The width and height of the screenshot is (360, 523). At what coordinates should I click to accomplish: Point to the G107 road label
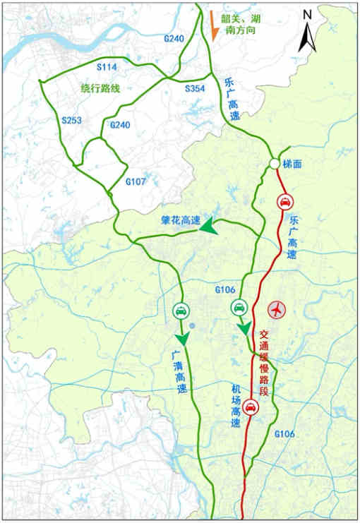[135, 182]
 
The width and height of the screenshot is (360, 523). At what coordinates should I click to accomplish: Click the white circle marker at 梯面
[273, 164]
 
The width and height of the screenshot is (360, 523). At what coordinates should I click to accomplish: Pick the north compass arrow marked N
[306, 32]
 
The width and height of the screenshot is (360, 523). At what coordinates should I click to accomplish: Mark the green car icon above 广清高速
[181, 310]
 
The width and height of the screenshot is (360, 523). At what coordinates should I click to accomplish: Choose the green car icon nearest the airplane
[239, 307]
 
